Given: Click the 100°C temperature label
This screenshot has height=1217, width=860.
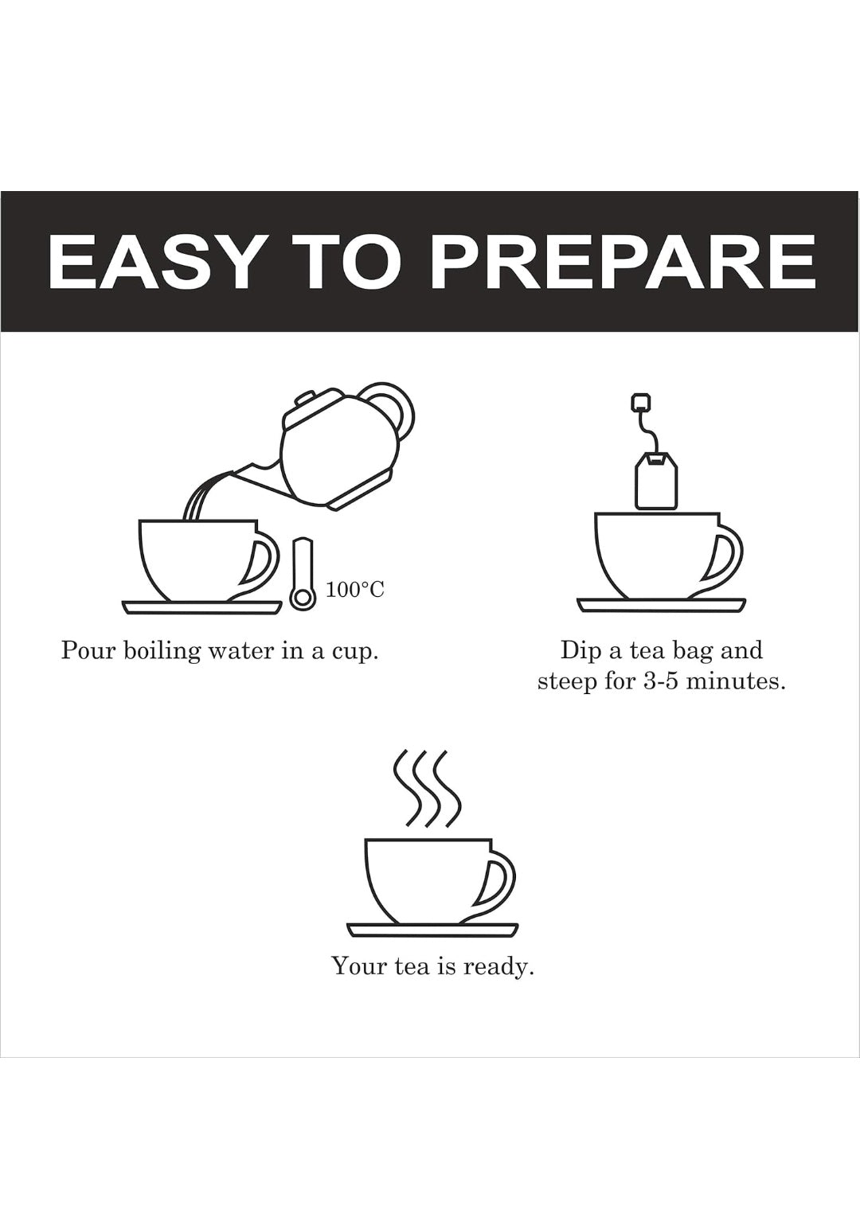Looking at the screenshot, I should (x=354, y=590).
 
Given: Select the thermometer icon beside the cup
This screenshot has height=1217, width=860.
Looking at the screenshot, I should (x=302, y=575).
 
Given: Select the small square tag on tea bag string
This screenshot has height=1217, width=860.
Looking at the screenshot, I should (x=639, y=403).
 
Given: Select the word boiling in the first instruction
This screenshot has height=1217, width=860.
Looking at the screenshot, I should (x=159, y=651).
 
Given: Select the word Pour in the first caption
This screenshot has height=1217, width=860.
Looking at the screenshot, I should (x=86, y=651).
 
